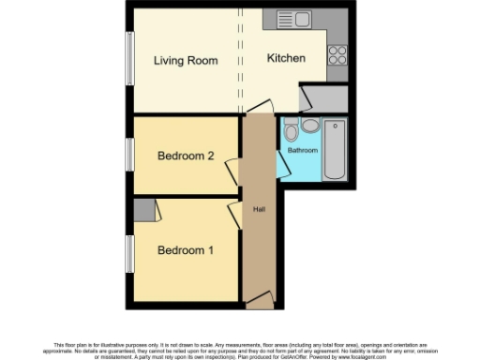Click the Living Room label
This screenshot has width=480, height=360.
186,61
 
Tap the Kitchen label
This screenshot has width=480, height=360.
286,58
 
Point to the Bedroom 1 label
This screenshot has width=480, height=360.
185,250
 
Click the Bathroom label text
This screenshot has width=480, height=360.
302,150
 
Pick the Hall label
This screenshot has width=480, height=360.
257,210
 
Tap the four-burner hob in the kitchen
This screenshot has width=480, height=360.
337,53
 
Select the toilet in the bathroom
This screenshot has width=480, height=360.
292,127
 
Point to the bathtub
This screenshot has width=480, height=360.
334,149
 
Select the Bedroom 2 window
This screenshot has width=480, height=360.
129,155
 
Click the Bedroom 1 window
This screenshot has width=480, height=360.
129,252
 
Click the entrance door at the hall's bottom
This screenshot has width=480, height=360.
260,301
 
